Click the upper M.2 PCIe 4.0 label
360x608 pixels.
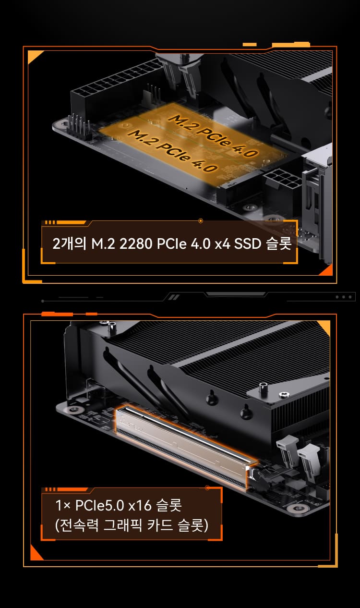pos(213,136)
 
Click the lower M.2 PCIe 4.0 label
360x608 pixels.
pos(172,150)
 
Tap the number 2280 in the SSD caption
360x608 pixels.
pos(136,243)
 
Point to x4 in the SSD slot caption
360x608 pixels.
pos(222,244)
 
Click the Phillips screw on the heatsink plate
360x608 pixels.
pos(284,394)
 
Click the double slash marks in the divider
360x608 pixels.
pos(174,297)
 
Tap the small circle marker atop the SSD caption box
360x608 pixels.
pos(201,220)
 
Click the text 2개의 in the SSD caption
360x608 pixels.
pos(70,243)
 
